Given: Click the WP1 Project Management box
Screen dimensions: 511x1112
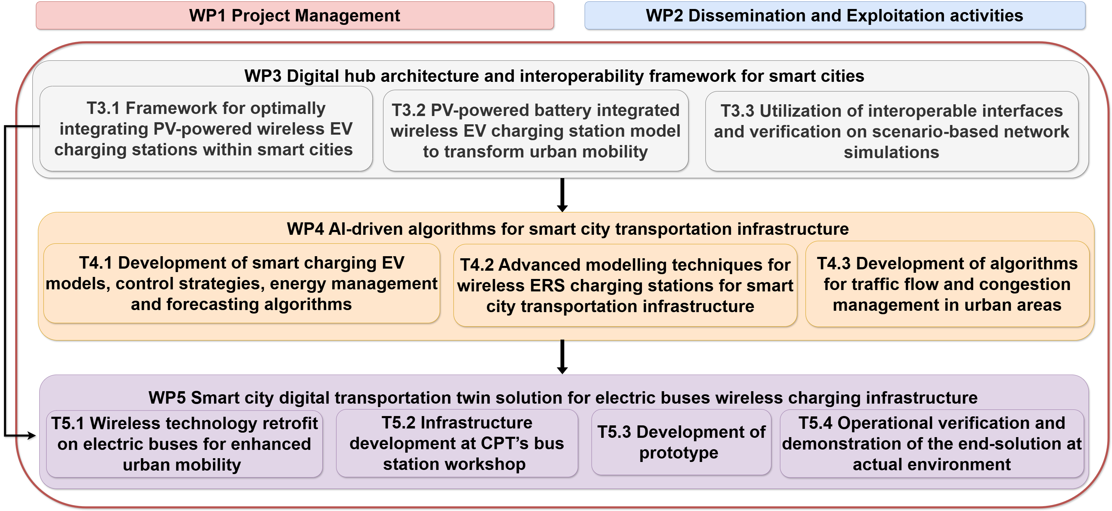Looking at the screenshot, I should pyautogui.click(x=294, y=16).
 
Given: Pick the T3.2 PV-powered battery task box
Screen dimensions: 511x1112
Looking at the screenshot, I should pyautogui.click(x=535, y=131).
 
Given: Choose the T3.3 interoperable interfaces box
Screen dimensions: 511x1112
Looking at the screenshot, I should pyautogui.click(x=891, y=131).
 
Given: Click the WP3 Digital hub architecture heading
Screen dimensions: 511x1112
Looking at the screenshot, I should pyautogui.click(x=554, y=76).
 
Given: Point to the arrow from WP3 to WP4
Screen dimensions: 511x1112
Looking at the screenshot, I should pyautogui.click(x=562, y=194).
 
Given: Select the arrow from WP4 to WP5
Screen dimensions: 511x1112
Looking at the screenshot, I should pyautogui.click(x=562, y=356).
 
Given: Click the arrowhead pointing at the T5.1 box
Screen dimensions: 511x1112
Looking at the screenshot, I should pyautogui.click(x=31, y=435).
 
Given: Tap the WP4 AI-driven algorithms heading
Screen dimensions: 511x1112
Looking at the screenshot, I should pyautogui.click(x=568, y=229).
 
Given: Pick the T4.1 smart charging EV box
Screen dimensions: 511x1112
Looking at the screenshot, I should pyautogui.click(x=241, y=283).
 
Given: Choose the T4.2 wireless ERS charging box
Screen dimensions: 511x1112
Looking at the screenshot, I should pyautogui.click(x=625, y=285).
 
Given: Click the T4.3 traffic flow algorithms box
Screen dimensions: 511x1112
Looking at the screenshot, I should pyautogui.click(x=947, y=284).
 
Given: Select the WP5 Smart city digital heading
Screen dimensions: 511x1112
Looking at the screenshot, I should pyautogui.click(x=563, y=398).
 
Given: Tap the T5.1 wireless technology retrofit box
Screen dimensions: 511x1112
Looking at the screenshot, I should pyautogui.click(x=184, y=444).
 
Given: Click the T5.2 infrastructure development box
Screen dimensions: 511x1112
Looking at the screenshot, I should pyautogui.click(x=456, y=443).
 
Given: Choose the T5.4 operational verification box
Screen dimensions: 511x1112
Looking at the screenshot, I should pyautogui.click(x=931, y=444).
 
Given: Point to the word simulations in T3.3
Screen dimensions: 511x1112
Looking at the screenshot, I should pyautogui.click(x=891, y=153).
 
